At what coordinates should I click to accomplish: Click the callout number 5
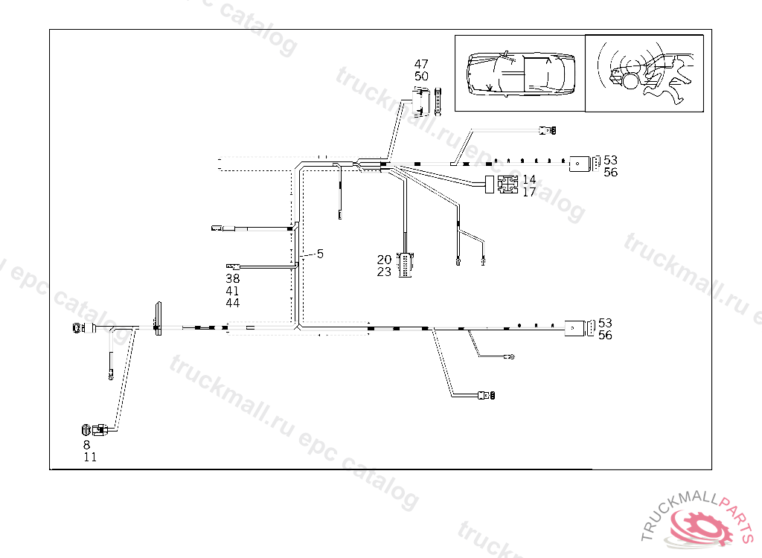tap(320, 254)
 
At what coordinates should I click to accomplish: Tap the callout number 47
tap(421, 64)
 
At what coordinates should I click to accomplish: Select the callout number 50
tap(421, 76)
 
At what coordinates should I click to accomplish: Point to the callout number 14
tap(529, 179)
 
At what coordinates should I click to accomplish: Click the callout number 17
tap(529, 192)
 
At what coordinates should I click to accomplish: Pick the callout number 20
tap(384, 260)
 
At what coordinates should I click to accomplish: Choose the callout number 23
tap(384, 272)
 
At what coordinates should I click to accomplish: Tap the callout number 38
tap(233, 278)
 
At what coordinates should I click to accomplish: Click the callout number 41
tap(233, 291)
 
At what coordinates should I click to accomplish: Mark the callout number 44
tap(233, 304)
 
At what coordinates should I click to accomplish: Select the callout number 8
tap(86, 445)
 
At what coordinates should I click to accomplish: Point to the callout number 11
tap(90, 458)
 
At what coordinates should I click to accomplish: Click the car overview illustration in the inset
tap(519, 73)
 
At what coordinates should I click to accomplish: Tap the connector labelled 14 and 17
tap(508, 185)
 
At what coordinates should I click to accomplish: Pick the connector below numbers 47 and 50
tap(423, 101)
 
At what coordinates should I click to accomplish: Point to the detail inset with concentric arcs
tap(644, 73)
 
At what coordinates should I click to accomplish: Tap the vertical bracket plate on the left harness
tap(158, 318)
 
